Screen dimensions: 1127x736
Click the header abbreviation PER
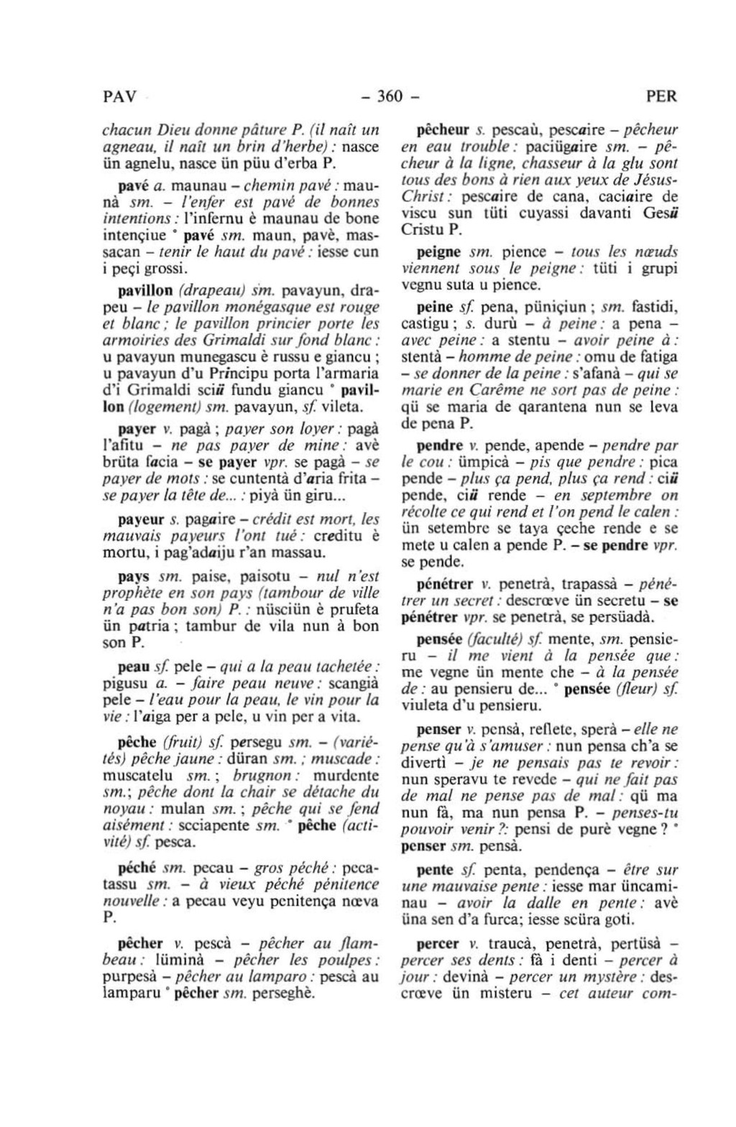[661, 96]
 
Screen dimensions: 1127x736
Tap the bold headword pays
[134, 577]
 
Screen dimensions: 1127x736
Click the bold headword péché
[137, 868]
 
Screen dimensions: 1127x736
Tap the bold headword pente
[435, 869]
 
